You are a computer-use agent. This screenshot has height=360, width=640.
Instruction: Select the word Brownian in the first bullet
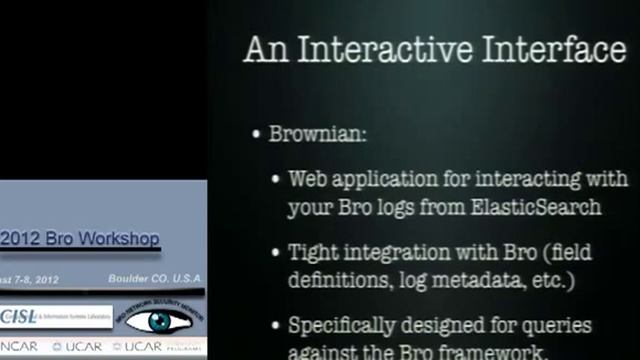coord(317,133)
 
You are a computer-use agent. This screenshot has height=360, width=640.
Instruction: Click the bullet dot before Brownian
coord(257,133)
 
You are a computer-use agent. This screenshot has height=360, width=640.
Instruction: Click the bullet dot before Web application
coord(278,180)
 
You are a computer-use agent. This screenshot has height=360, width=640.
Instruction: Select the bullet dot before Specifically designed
coord(278,326)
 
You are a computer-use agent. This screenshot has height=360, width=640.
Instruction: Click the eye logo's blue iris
coord(160,322)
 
